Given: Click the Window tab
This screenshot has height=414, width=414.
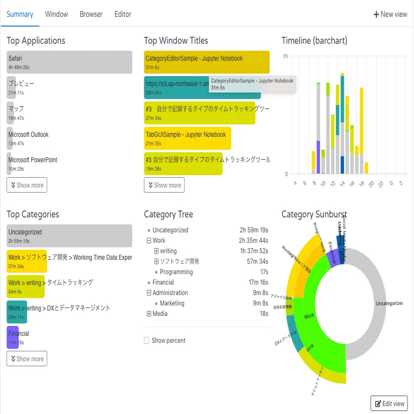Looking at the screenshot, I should [56, 14].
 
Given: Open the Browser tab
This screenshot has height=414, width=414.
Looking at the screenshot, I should [91, 14].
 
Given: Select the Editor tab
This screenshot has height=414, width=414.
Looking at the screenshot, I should [122, 14].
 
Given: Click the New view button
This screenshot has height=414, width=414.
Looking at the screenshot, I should [390, 14].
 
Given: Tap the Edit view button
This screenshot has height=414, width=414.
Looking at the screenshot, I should [389, 404].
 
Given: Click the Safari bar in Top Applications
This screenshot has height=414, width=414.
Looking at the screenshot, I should [69, 62].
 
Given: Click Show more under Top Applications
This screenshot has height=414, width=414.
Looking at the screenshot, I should [27, 185].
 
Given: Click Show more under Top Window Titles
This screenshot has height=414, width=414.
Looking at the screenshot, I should [164, 185].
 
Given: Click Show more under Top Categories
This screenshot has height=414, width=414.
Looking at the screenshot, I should [27, 359].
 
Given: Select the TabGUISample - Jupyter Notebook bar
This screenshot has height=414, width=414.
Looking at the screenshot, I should [188, 138].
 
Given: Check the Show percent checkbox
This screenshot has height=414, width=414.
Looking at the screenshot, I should [147, 341].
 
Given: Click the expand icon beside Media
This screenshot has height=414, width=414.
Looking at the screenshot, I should [149, 314].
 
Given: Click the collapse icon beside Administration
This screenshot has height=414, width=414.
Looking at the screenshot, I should [149, 293].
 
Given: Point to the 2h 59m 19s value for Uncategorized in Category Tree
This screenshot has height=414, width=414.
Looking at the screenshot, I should [254, 230].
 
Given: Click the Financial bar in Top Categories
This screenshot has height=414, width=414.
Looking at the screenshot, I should [13, 337].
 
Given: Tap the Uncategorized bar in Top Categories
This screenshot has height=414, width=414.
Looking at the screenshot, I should [69, 236].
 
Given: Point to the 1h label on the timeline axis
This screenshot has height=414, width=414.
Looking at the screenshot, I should [285, 56].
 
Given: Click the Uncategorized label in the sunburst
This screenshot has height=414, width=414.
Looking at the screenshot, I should [388, 303].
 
